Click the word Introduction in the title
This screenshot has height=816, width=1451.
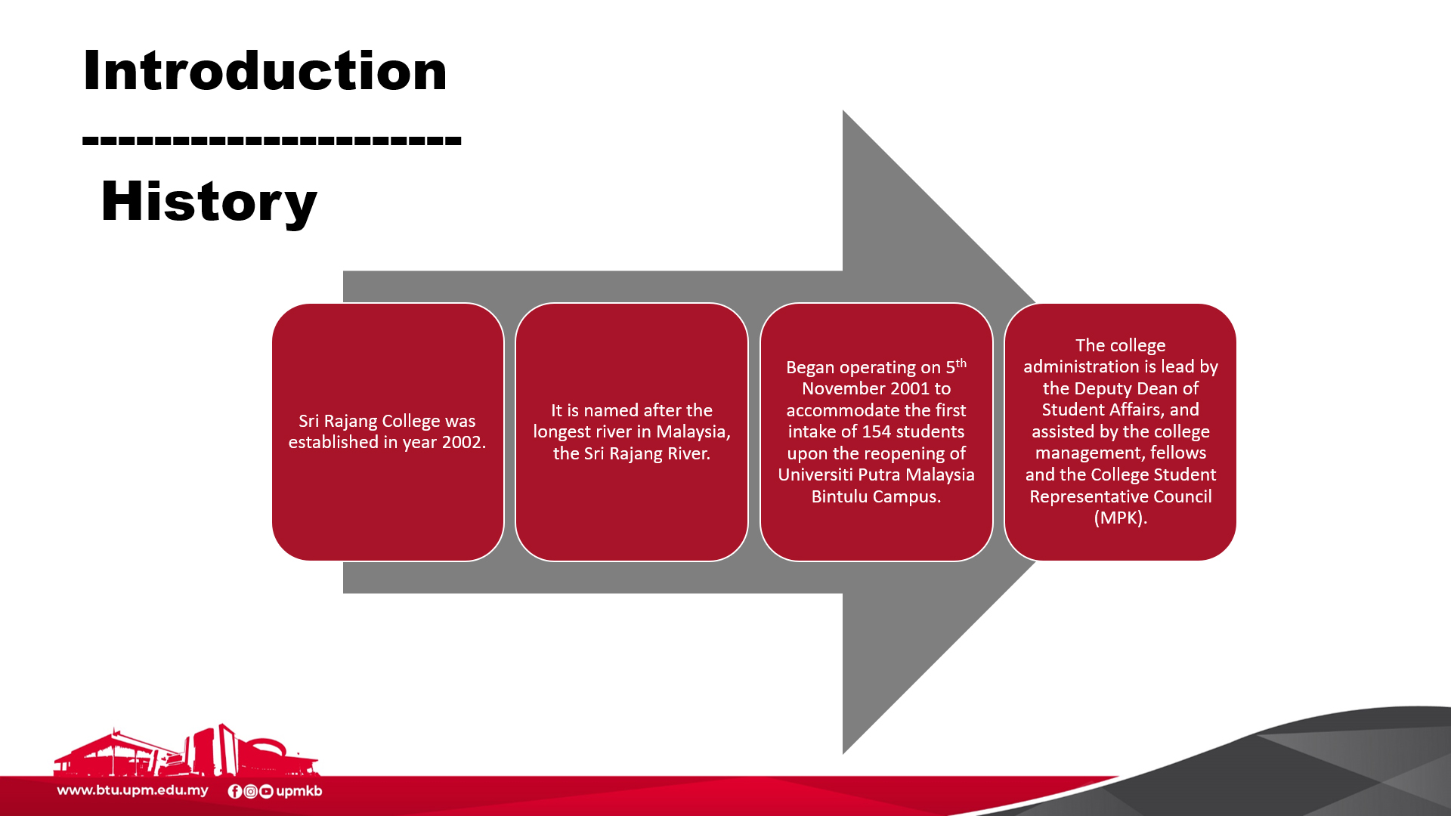click(x=265, y=71)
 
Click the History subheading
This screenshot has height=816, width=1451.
click(x=209, y=202)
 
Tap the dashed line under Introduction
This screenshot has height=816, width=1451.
click(x=272, y=140)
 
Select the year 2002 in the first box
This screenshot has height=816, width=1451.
click(x=462, y=442)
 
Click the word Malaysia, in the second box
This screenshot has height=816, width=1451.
click(x=693, y=431)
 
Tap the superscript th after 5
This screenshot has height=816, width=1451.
click(x=961, y=363)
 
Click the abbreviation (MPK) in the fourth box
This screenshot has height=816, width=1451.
click(x=1121, y=518)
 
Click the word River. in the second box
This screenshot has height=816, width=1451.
click(x=688, y=453)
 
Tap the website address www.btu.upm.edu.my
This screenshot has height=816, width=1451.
click(x=133, y=790)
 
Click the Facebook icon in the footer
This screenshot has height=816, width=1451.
click(x=235, y=791)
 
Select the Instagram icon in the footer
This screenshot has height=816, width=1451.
click(x=251, y=791)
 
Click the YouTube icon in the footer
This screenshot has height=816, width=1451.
click(x=266, y=791)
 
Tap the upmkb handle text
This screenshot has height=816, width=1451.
click(x=299, y=791)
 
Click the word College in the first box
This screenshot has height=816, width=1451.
click(x=411, y=422)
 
